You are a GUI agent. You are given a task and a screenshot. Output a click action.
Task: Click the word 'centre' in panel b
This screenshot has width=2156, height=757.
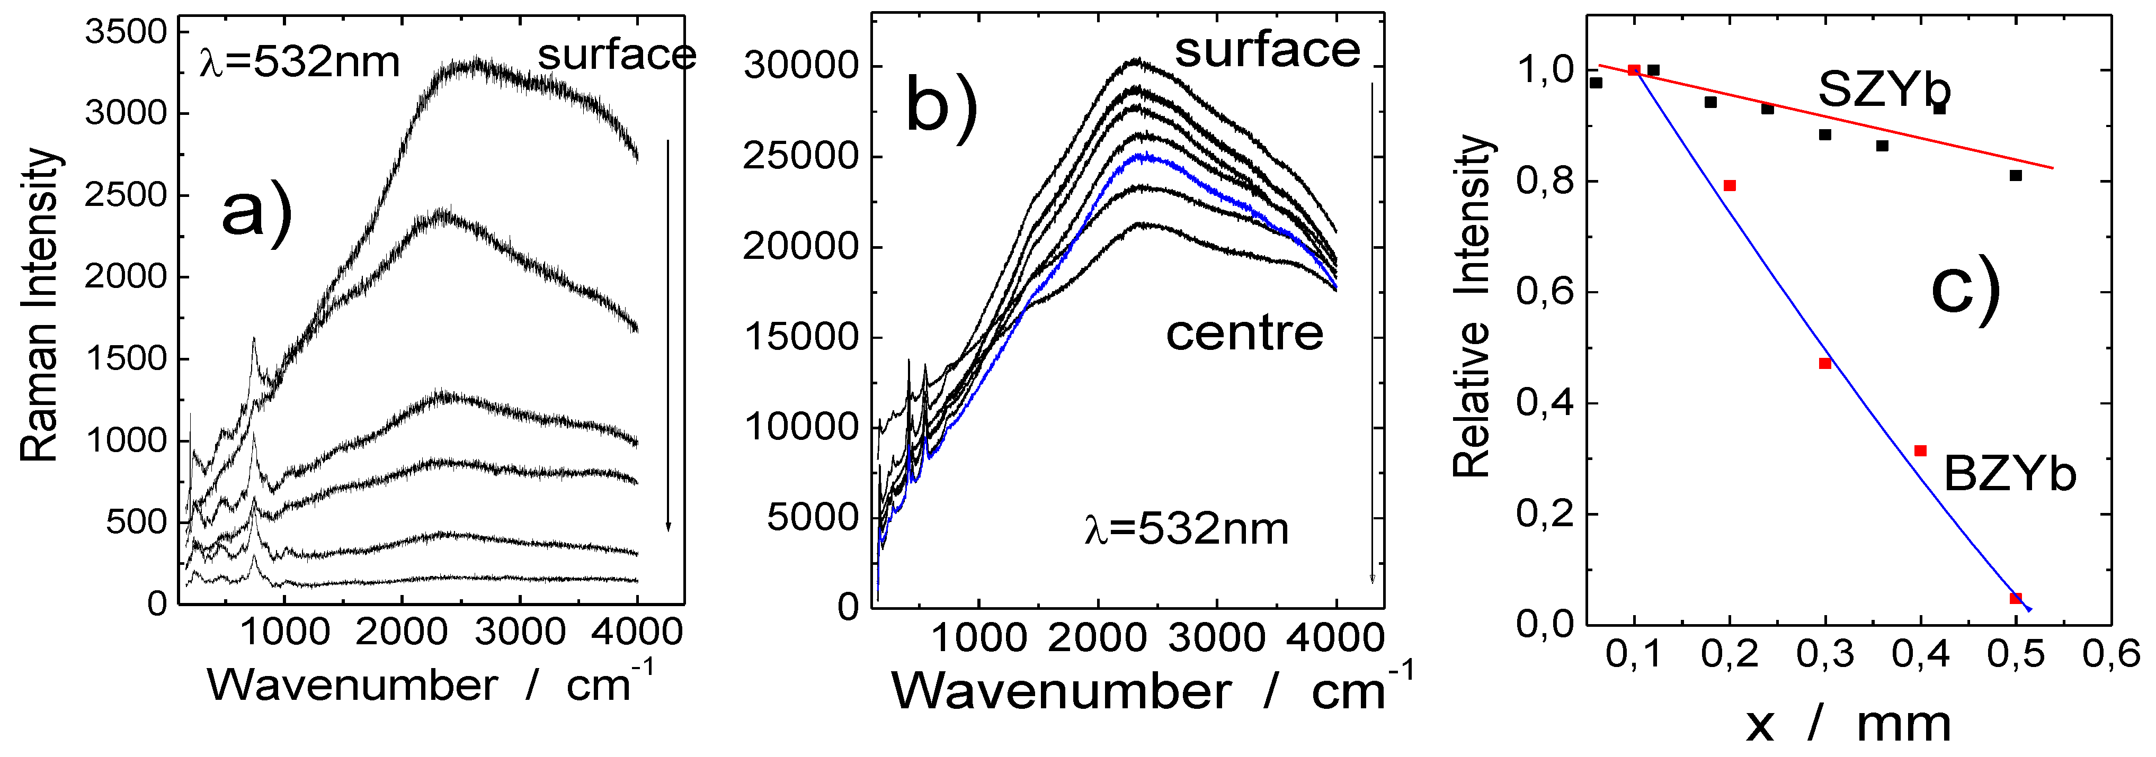coord(1244,334)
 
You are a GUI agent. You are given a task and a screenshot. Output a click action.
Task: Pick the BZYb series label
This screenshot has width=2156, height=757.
coord(2009,474)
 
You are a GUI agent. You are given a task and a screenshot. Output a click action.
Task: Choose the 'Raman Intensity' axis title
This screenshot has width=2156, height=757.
coord(39,305)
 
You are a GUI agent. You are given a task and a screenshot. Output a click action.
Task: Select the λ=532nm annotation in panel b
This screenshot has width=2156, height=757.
coord(1186,529)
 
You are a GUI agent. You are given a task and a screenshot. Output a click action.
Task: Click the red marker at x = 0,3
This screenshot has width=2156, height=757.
coord(1825,364)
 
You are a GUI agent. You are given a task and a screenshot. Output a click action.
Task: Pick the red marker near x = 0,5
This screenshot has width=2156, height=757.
coord(2016,599)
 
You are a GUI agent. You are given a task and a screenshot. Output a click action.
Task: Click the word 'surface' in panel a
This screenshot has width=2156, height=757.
coord(616,55)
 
